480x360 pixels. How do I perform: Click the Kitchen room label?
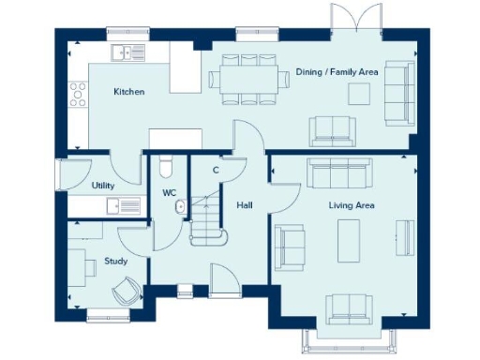(128, 92)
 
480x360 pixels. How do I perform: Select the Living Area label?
(352, 204)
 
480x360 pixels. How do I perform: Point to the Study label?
(115, 262)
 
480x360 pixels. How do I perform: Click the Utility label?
(103, 186)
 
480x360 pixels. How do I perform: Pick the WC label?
(169, 193)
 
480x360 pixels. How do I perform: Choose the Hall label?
(244, 204)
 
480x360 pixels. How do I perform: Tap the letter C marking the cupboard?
(216, 170)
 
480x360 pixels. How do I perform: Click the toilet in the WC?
(166, 165)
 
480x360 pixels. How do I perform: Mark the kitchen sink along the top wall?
(125, 52)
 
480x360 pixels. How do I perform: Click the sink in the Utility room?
(115, 206)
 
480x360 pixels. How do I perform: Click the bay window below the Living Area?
(345, 335)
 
